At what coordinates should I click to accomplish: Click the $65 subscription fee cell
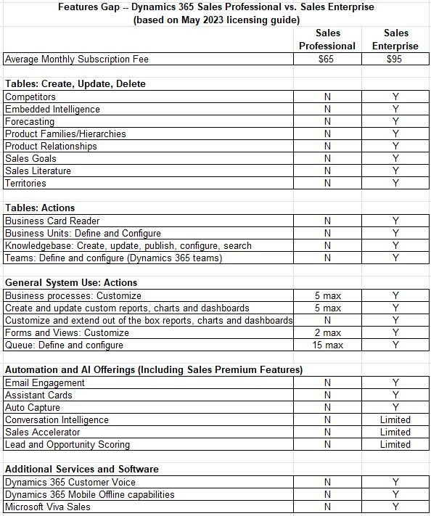pyautogui.click(x=327, y=59)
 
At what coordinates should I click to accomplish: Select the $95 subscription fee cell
pyautogui.click(x=395, y=59)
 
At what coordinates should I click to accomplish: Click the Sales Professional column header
pyautogui.click(x=327, y=39)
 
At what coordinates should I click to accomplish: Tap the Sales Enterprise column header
pyautogui.click(x=396, y=39)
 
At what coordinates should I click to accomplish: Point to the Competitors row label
pyautogui.click(x=30, y=97)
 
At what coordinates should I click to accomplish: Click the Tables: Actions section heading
pyautogui.click(x=40, y=208)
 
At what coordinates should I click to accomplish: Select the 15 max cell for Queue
pyautogui.click(x=327, y=345)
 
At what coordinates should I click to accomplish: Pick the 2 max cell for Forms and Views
pyautogui.click(x=327, y=333)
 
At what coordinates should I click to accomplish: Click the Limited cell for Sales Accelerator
pyautogui.click(x=395, y=432)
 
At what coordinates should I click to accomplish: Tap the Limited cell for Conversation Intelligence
pyautogui.click(x=395, y=419)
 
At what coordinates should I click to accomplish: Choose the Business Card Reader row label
pyautogui.click(x=52, y=221)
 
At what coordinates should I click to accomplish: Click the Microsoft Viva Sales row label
pyautogui.click(x=48, y=507)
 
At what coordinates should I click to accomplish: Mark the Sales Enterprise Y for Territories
pyautogui.click(x=395, y=183)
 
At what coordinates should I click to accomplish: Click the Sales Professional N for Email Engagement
pyautogui.click(x=327, y=382)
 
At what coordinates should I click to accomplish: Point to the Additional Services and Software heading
pyautogui.click(x=82, y=470)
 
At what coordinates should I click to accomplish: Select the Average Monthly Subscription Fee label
pyautogui.click(x=73, y=59)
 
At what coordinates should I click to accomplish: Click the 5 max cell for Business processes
pyautogui.click(x=327, y=295)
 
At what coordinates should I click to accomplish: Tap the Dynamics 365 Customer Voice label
pyautogui.click(x=70, y=482)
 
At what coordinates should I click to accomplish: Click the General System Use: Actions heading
pyautogui.click(x=71, y=283)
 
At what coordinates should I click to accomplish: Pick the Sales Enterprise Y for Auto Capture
pyautogui.click(x=395, y=407)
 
